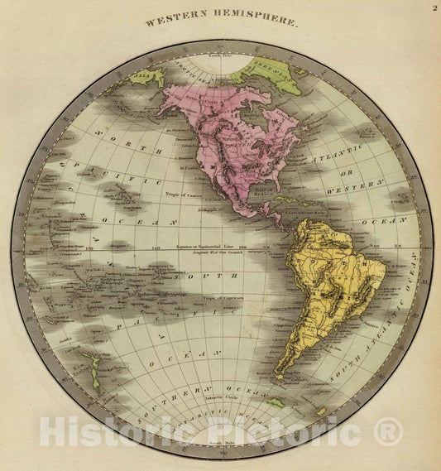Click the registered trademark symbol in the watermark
pos(389,431)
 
